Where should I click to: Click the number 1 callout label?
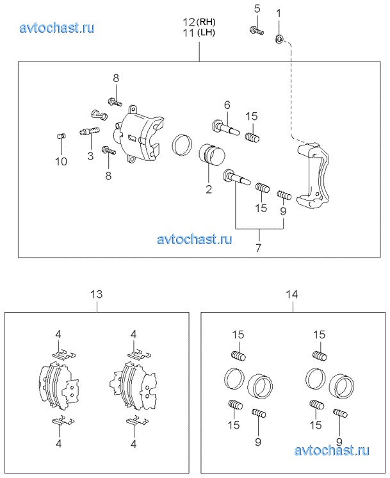tap(279, 12)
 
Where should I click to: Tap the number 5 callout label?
tap(257, 9)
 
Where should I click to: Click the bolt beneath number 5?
tap(256, 29)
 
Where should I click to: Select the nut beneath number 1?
tap(279, 40)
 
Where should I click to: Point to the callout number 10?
tap(60, 161)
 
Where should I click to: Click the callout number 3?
tap(90, 155)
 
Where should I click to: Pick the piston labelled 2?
tap(211, 159)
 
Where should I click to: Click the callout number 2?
tap(208, 189)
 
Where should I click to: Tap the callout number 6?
tap(226, 104)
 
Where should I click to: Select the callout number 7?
tap(259, 247)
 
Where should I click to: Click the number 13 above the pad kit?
tap(96, 295)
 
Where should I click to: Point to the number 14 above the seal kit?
tap(292, 295)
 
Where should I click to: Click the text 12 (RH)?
tap(199, 22)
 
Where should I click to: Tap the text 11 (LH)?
tap(199, 33)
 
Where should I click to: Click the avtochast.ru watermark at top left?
tap(58, 28)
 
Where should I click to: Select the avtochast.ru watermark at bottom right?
tap(332, 451)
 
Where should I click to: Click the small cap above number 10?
tap(61, 136)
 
